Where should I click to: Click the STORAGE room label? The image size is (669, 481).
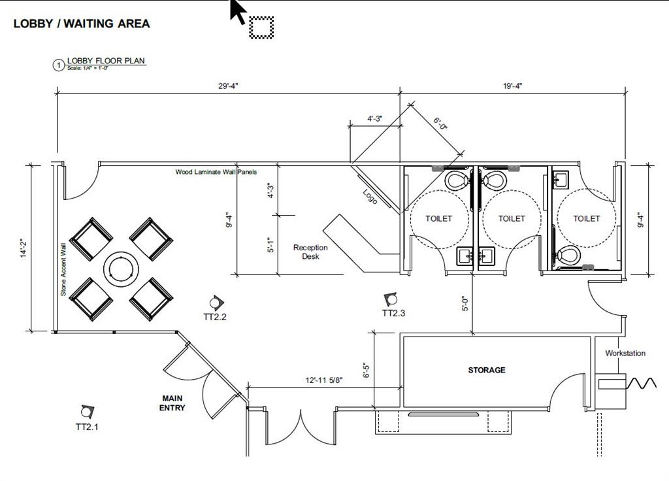click(x=486, y=370)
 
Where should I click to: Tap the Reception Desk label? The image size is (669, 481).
click(x=310, y=252)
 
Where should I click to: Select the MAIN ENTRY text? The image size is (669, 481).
click(x=172, y=403)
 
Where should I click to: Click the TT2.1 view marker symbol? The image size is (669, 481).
click(x=86, y=412)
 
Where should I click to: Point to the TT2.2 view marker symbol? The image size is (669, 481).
click(x=216, y=303)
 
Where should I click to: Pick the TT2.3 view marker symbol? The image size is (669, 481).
click(x=391, y=299)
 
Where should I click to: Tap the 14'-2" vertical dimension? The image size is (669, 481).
click(x=24, y=248)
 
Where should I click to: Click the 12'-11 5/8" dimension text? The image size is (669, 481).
click(x=324, y=380)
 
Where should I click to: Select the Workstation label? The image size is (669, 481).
click(x=625, y=354)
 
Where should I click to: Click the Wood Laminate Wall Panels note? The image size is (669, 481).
click(x=216, y=173)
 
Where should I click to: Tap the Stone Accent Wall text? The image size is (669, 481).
click(x=63, y=269)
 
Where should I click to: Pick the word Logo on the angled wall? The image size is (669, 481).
click(x=370, y=196)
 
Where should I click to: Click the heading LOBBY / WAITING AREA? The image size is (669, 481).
click(x=82, y=24)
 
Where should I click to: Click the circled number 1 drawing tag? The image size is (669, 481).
click(x=59, y=65)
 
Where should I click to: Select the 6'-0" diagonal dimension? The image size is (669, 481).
click(x=440, y=123)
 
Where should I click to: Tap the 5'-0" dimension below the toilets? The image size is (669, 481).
click(x=465, y=303)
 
